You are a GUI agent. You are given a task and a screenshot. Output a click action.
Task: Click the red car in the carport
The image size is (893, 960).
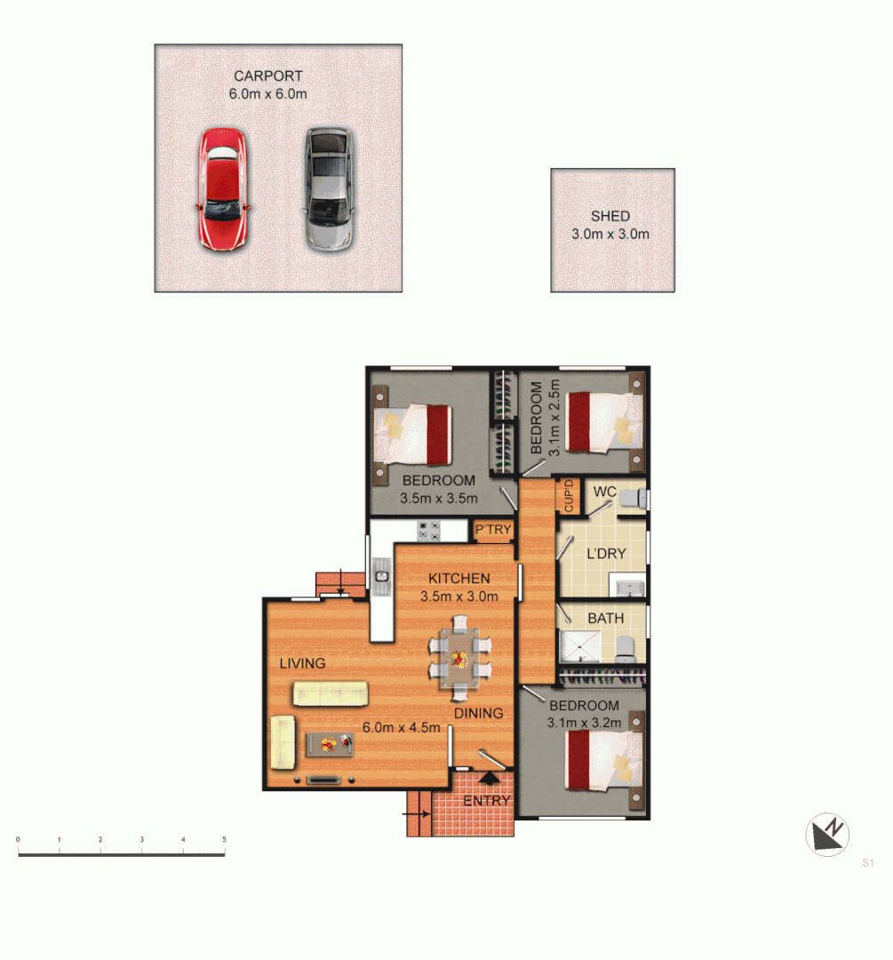coord(222,188)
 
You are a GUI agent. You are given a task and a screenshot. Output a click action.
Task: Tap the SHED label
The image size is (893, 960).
coord(610,216)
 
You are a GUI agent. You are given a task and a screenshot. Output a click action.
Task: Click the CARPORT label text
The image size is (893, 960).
coord(267,76)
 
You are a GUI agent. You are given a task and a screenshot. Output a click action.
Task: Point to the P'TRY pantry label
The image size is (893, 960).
coord(493,531)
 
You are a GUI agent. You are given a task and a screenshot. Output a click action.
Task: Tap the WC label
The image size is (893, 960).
coord(605,492)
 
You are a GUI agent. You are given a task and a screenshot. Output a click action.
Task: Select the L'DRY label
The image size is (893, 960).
coord(606,553)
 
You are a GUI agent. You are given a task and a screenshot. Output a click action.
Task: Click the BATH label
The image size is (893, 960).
coord(605,618)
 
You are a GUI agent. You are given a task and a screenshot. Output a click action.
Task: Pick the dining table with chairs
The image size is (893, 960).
coord(458,659)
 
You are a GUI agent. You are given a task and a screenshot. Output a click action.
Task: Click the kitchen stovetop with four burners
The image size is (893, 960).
coord(429,530)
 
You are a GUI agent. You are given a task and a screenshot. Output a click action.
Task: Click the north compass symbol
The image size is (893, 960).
coord(827,836)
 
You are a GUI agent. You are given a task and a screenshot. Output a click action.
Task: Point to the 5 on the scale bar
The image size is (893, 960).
coord(224,839)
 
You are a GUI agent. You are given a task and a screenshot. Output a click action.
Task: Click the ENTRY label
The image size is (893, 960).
coord(487,801)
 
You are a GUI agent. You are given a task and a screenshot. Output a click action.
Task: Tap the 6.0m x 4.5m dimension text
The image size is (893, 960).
coord(402,726)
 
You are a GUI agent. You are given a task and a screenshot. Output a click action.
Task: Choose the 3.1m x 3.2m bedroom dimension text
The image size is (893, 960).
coord(584,721)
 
